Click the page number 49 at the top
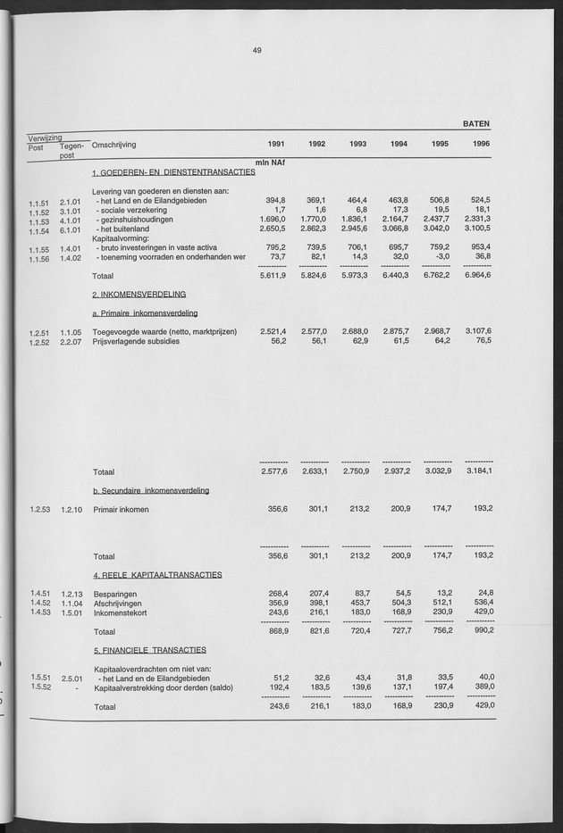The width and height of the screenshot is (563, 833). [x=256, y=52]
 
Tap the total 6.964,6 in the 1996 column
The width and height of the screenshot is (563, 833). [x=478, y=277]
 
